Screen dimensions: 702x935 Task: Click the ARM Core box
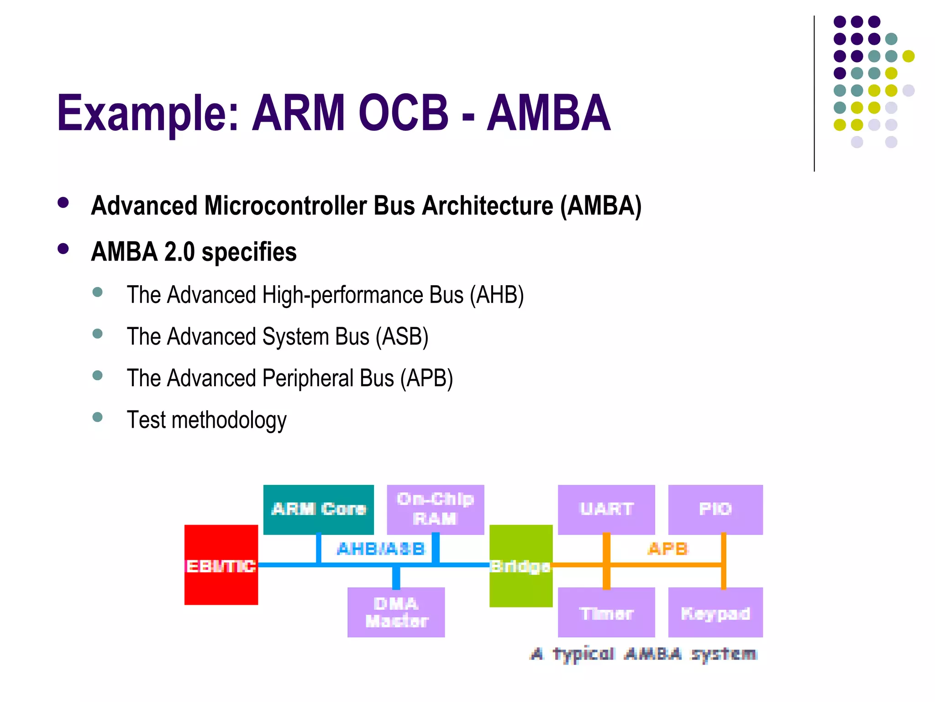[x=318, y=509]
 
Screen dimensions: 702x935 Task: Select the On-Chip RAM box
[x=435, y=509]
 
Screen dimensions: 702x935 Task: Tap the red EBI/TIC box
[x=221, y=565]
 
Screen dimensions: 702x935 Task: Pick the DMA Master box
[x=396, y=612]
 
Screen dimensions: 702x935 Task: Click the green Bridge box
[x=520, y=565]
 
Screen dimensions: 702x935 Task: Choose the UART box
[x=606, y=509]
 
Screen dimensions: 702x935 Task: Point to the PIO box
[x=715, y=509]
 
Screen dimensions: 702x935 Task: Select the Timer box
[x=606, y=612]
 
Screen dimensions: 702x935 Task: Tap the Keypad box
[x=715, y=612]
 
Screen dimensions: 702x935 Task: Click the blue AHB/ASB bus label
[x=381, y=548]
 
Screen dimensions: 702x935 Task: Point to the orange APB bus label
[x=667, y=548]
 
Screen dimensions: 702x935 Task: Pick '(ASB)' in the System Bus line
[x=402, y=337]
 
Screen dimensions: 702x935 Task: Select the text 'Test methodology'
[x=206, y=420]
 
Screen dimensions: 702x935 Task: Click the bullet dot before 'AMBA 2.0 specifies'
[x=63, y=249]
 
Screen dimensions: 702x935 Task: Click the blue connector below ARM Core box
[x=319, y=548]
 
